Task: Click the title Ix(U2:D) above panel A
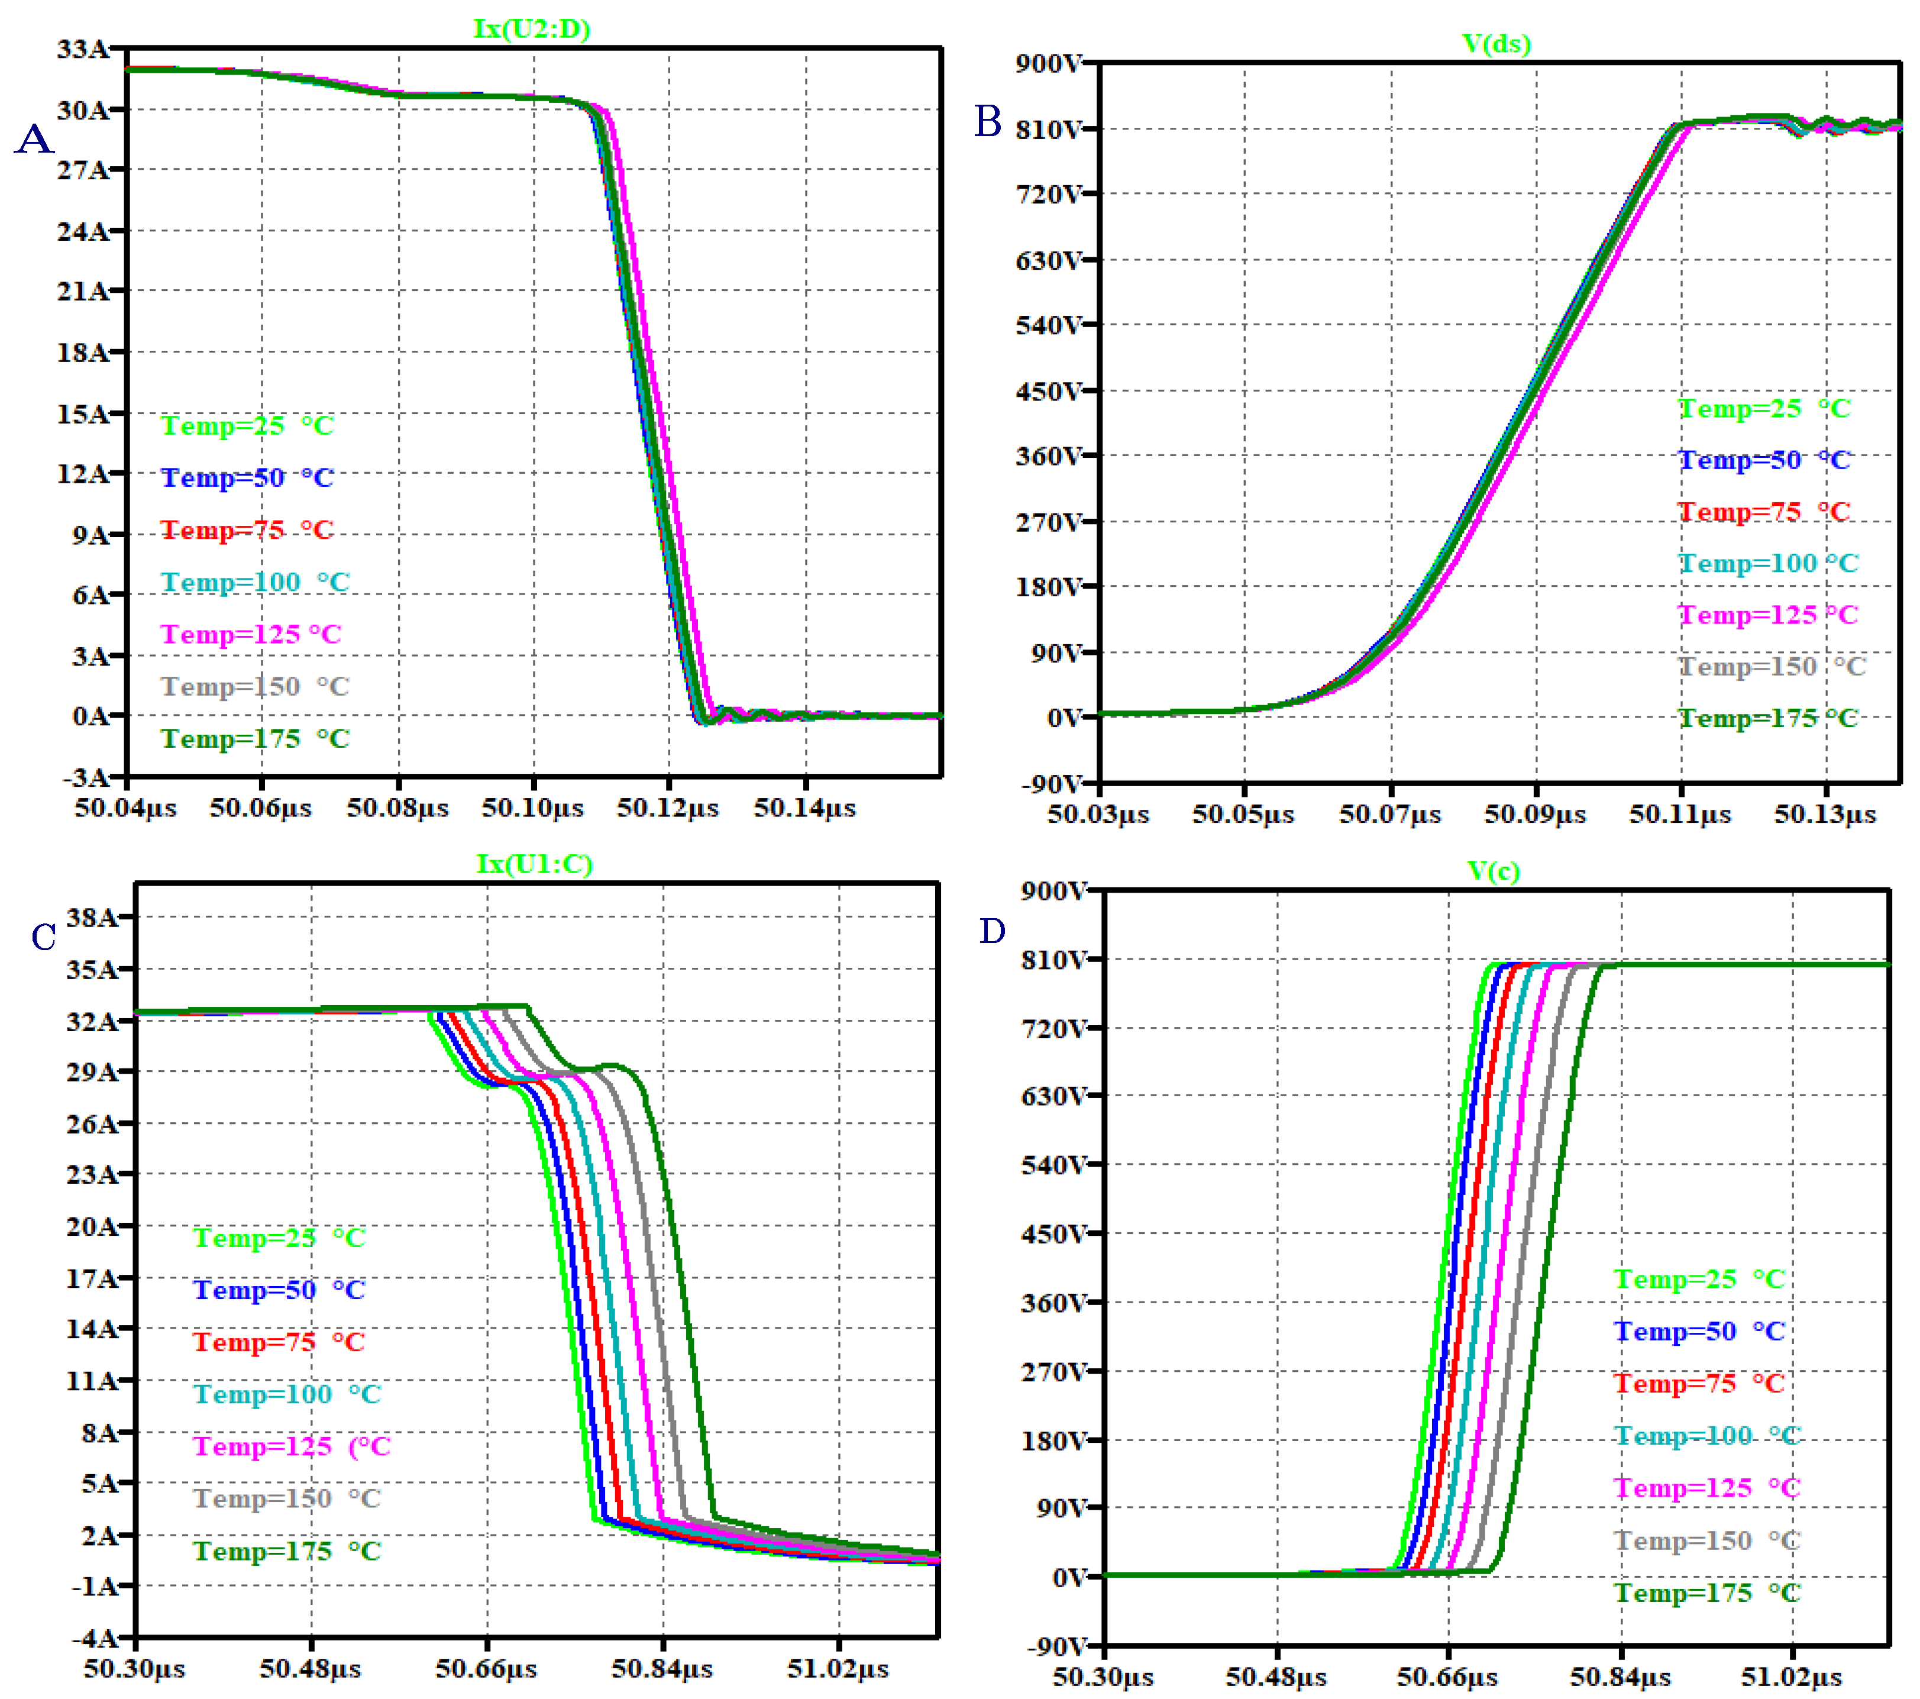pyautogui.click(x=532, y=28)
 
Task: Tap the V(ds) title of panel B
pyautogui.click(x=1496, y=43)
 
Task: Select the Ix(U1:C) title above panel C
pyautogui.click(x=535, y=864)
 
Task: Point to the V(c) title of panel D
pyautogui.click(x=1494, y=871)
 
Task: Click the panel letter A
pyautogui.click(x=35, y=139)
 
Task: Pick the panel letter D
pyautogui.click(x=992, y=931)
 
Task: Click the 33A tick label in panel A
pyautogui.click(x=83, y=49)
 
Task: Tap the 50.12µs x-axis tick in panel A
pyautogui.click(x=668, y=808)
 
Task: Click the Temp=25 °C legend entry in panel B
pyautogui.click(x=1764, y=409)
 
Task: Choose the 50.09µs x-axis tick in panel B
pyautogui.click(x=1535, y=815)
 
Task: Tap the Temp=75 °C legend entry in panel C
pyautogui.click(x=279, y=1342)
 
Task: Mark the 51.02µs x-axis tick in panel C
pyautogui.click(x=838, y=1669)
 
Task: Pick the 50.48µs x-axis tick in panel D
pyautogui.click(x=1276, y=1677)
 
